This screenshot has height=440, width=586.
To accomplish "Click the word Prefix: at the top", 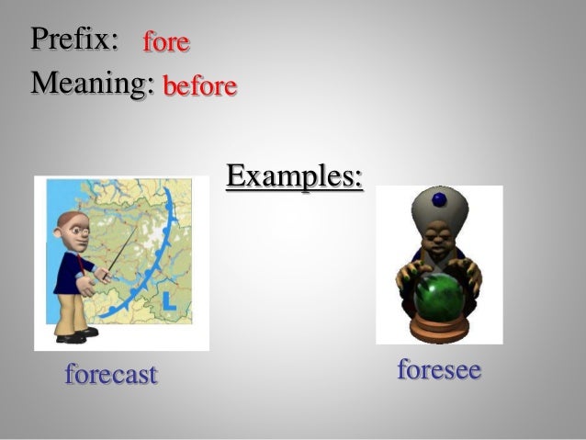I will click(x=74, y=39).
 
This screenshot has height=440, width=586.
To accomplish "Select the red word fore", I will click(x=165, y=41).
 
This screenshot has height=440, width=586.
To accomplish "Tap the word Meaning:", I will click(x=91, y=84).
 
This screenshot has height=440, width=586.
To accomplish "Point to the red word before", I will click(x=199, y=86).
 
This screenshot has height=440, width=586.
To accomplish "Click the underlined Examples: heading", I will click(x=294, y=175).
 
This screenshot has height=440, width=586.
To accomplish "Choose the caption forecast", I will click(x=111, y=374).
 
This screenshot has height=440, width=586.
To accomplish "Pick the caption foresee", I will click(x=439, y=370).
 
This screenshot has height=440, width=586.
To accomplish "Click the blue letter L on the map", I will click(x=167, y=301).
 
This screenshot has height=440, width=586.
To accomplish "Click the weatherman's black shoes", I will click(x=75, y=335).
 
